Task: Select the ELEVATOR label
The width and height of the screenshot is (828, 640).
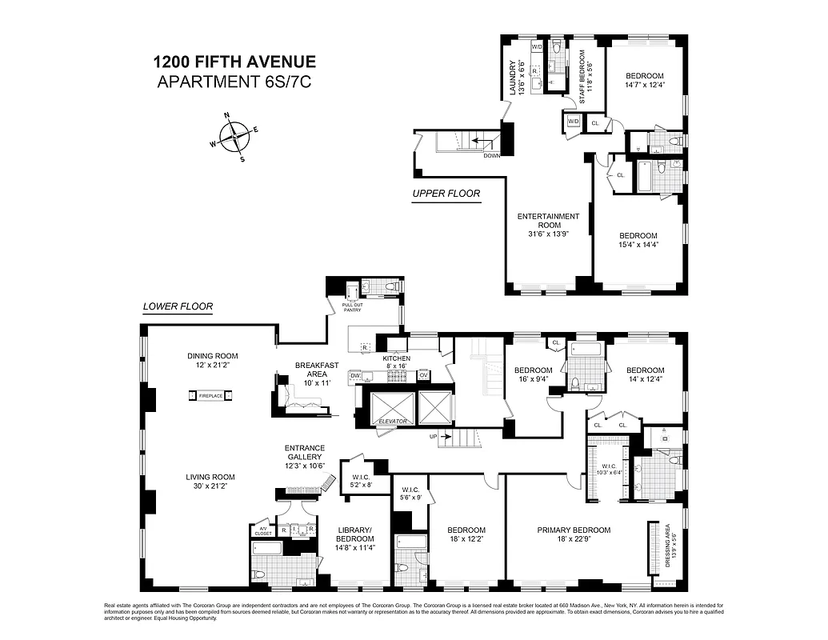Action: click(x=394, y=421)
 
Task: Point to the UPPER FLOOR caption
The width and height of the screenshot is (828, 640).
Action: click(x=446, y=194)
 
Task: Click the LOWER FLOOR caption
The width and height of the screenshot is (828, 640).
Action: click(x=177, y=306)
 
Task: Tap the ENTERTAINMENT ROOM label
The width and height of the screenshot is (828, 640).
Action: click(x=548, y=221)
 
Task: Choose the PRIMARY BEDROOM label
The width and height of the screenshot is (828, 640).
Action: click(x=574, y=530)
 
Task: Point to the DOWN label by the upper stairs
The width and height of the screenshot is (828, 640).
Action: click(x=491, y=155)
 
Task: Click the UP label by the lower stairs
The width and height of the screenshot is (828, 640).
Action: click(x=433, y=437)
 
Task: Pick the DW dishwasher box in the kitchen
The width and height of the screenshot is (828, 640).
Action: click(x=355, y=375)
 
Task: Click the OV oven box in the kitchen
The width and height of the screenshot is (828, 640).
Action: click(x=424, y=375)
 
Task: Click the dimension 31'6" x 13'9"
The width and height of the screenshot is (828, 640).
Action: click(x=548, y=234)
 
